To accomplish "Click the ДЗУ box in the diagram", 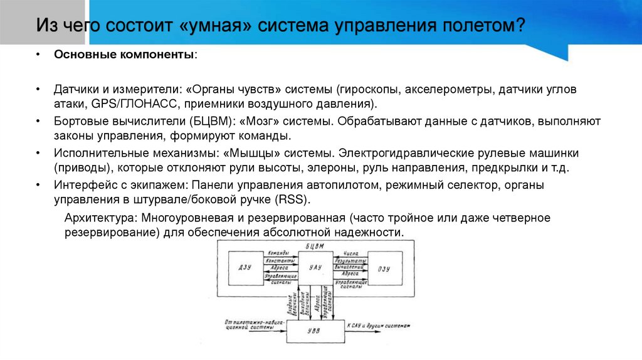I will (x=245, y=268).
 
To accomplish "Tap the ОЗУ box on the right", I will (x=384, y=268).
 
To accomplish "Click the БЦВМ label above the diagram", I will (x=315, y=246).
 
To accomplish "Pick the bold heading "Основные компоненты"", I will (x=124, y=55).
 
